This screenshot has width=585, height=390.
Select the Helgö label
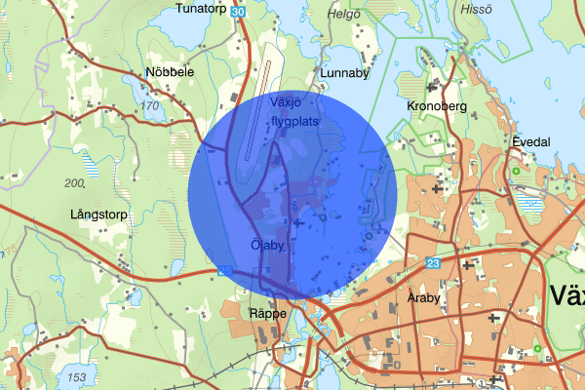point(344,15)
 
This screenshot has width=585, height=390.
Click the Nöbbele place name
point(170,72)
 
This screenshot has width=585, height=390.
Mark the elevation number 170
point(149,105)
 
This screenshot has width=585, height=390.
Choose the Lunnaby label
point(342,73)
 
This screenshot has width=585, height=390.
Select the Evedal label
point(531,141)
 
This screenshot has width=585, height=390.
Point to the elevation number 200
point(74,183)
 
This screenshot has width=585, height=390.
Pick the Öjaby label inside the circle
point(267,246)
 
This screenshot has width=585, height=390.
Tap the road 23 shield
point(433,262)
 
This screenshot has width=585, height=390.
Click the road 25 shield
point(225,271)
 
